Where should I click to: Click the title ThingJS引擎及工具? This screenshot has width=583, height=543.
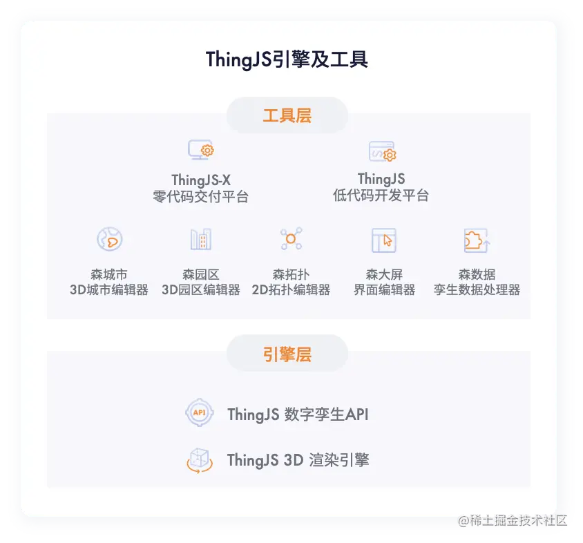point(287,59)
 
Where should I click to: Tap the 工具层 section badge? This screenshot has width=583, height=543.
point(287,115)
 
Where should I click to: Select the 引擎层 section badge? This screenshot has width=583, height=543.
point(287,354)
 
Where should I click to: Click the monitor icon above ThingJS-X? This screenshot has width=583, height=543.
point(200,150)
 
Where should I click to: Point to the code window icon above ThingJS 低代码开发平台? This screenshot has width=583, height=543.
point(381,151)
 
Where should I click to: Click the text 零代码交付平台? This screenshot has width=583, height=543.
point(200,197)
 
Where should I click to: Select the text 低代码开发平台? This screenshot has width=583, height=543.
point(381,196)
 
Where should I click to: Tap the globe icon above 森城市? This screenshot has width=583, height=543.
point(109,240)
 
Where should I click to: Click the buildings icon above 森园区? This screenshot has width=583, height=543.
point(200,240)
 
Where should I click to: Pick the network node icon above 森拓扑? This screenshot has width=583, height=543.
point(291,240)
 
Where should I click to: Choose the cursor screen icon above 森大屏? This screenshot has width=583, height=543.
point(383,240)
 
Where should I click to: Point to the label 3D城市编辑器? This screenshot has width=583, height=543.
point(109,290)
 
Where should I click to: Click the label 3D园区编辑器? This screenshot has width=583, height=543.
point(200,290)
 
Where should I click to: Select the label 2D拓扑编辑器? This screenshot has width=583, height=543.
point(291,290)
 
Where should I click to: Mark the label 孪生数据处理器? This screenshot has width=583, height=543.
point(477,290)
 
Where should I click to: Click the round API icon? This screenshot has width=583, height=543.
point(199,413)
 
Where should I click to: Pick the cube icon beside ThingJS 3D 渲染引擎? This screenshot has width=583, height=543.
point(199,459)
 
